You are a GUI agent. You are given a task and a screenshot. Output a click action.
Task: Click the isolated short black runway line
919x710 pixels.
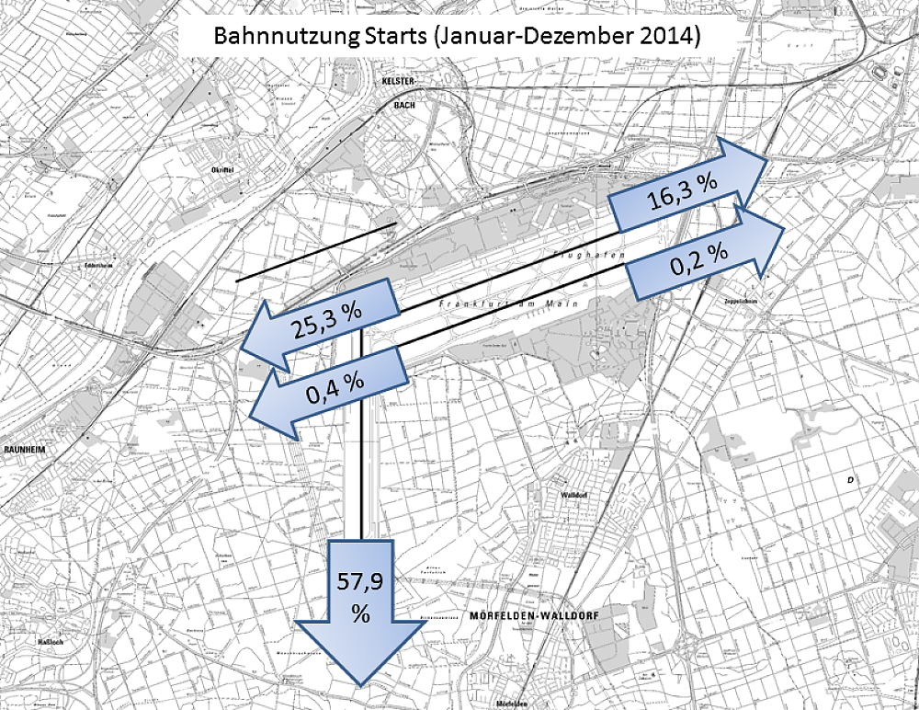(315, 251)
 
